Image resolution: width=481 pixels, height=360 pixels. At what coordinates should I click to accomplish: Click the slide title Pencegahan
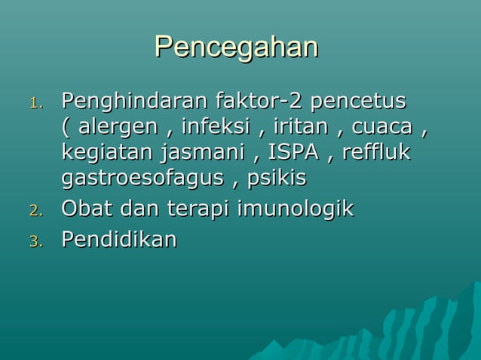(x=236, y=47)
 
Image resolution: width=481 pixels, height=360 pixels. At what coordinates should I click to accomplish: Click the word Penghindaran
(x=136, y=100)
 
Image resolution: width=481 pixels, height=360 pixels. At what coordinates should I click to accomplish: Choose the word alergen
(x=118, y=126)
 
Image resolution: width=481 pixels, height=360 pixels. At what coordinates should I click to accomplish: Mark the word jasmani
(x=203, y=152)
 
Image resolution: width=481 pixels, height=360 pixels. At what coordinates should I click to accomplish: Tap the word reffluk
(x=375, y=152)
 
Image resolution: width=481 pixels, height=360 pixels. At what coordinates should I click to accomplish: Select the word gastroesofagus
(x=142, y=179)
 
